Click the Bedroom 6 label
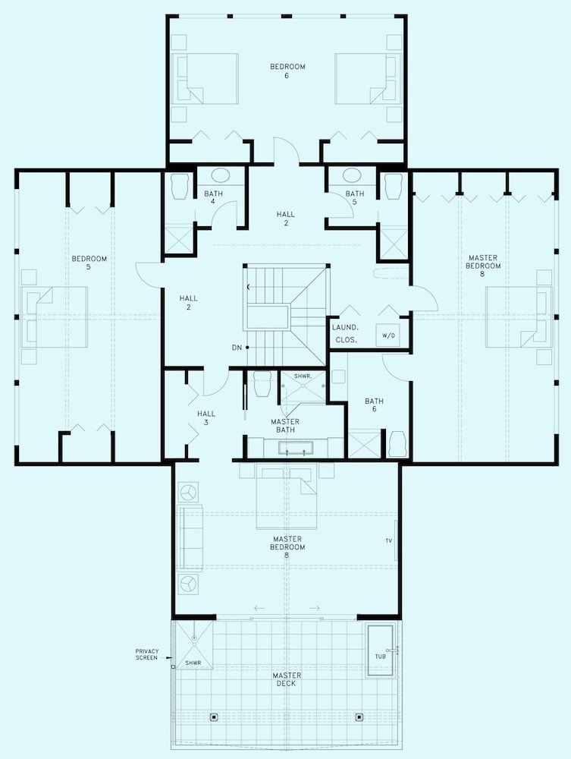[287, 71]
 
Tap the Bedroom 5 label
[89, 263]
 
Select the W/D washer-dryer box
[388, 335]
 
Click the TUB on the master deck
[381, 651]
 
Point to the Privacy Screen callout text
[147, 654]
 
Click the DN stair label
[237, 348]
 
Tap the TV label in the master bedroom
[389, 540]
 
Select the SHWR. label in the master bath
[303, 376]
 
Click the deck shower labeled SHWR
[194, 644]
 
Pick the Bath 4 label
[213, 197]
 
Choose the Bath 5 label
[355, 197]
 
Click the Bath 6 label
[374, 405]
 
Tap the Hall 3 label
[206, 417]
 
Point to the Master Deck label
[287, 679]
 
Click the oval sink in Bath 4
[221, 175]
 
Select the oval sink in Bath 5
[353, 175]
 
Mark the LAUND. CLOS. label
[345, 333]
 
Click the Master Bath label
[285, 426]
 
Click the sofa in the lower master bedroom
[191, 537]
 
